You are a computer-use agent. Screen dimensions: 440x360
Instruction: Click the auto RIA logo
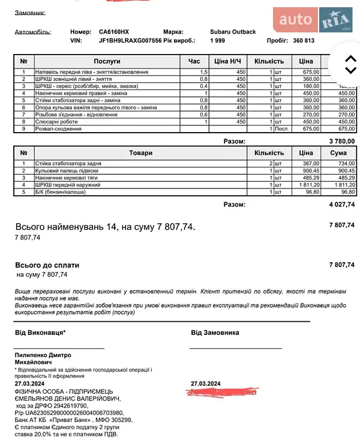pyautogui.click(x=316, y=21)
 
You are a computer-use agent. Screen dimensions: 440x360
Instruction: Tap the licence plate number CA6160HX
pyautogui.click(x=113, y=32)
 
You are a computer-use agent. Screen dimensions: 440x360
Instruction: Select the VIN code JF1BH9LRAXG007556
pyautogui.click(x=130, y=41)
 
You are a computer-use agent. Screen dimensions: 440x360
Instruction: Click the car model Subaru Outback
pyautogui.click(x=233, y=32)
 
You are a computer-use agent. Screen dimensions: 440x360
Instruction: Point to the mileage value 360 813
pyautogui.click(x=304, y=41)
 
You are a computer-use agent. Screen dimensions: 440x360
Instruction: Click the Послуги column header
pyautogui.click(x=107, y=61)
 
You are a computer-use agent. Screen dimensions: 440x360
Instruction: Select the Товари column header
pyautogui.click(x=140, y=153)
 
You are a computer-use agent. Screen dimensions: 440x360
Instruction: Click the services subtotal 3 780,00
pyautogui.click(x=342, y=141)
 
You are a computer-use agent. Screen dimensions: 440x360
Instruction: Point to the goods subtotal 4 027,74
pyautogui.click(x=342, y=205)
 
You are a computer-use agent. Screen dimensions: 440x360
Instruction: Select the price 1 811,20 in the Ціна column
pyautogui.click(x=306, y=185)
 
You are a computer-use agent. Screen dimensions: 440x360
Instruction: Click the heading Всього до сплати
pyautogui.click(x=47, y=265)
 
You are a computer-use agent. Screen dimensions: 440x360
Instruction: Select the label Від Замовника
pyautogui.click(x=215, y=333)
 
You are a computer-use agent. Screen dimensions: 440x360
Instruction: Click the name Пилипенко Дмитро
pyautogui.click(x=43, y=355)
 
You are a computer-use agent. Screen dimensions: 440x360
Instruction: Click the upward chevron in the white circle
pyautogui.click(x=350, y=58)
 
